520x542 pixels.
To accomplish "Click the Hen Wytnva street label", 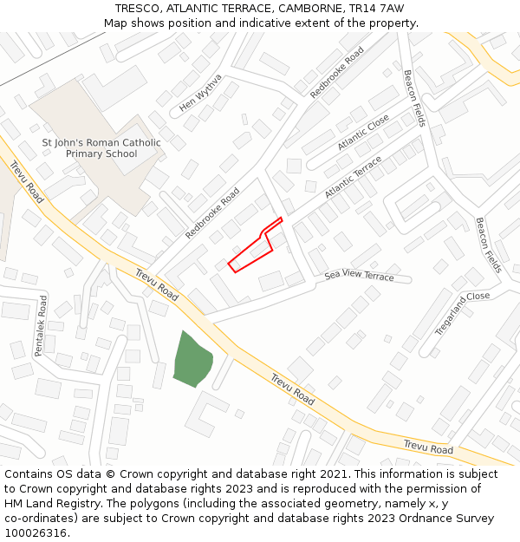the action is pyautogui.click(x=200, y=93).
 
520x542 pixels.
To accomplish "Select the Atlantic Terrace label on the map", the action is pyautogui.click(x=353, y=178).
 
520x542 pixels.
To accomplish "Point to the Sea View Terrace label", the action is pyautogui.click(x=359, y=276).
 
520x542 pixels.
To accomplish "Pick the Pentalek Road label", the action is pyautogui.click(x=41, y=325).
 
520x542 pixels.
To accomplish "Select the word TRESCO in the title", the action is pyautogui.click(x=137, y=8).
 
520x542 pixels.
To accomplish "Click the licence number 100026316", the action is pyautogui.click(x=37, y=533).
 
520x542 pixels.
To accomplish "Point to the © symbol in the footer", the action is pyautogui.click(x=110, y=474).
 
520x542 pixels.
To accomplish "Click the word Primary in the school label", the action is pyautogui.click(x=85, y=154).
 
